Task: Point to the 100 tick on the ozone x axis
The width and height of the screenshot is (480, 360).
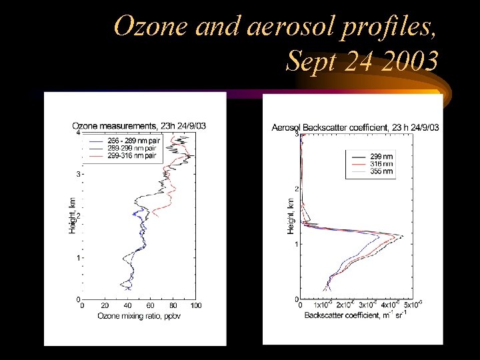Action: [195, 306]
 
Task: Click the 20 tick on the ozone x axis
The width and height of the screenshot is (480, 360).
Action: [105, 306]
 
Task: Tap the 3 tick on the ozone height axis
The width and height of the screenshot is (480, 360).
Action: [77, 175]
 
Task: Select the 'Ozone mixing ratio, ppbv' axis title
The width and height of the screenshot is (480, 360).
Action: [139, 315]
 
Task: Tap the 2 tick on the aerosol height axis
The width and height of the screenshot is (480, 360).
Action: [296, 189]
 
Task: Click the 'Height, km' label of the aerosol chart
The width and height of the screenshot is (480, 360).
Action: [291, 215]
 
